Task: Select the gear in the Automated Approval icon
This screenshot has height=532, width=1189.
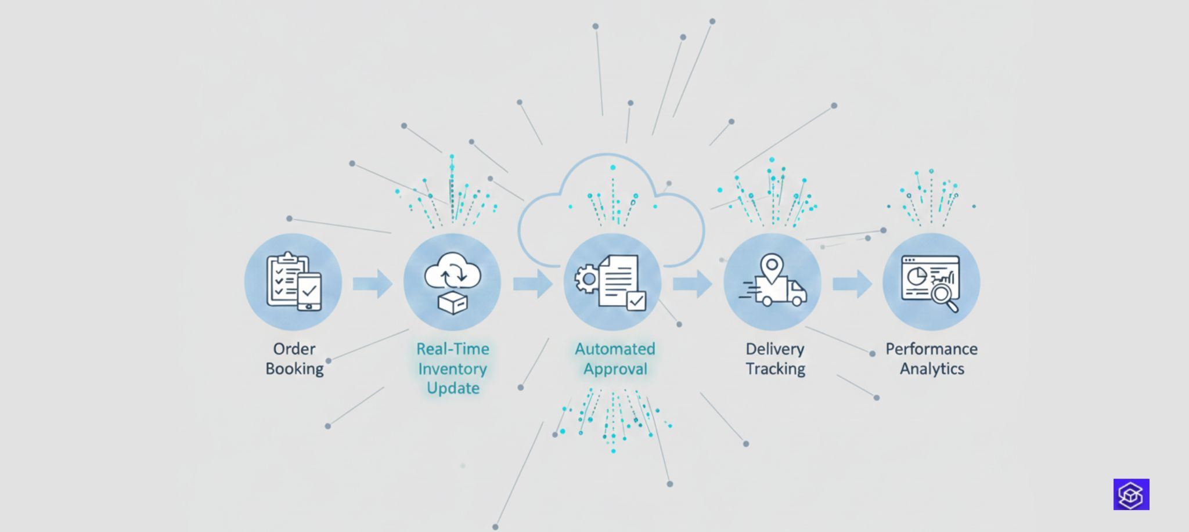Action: (x=588, y=279)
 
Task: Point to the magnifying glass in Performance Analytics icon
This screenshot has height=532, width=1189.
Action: (x=943, y=296)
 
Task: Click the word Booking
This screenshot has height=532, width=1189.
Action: (x=294, y=369)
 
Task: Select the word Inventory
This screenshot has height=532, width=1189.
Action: (x=452, y=369)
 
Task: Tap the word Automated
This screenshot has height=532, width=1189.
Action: (x=615, y=349)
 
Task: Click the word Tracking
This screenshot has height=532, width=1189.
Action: (x=775, y=369)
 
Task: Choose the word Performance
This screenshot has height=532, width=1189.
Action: (x=931, y=349)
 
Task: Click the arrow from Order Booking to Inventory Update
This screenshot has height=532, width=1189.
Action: (x=373, y=284)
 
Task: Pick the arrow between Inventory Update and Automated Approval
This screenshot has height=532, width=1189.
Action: (x=532, y=284)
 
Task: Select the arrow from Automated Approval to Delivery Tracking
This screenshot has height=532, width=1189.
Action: (x=692, y=284)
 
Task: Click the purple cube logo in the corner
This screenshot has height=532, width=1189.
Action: (x=1131, y=494)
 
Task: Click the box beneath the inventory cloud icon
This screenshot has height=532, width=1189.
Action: (x=453, y=303)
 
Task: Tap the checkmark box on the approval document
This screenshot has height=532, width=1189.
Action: (x=636, y=301)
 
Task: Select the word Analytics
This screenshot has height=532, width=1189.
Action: (x=932, y=369)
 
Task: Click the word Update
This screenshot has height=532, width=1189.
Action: (x=453, y=388)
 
